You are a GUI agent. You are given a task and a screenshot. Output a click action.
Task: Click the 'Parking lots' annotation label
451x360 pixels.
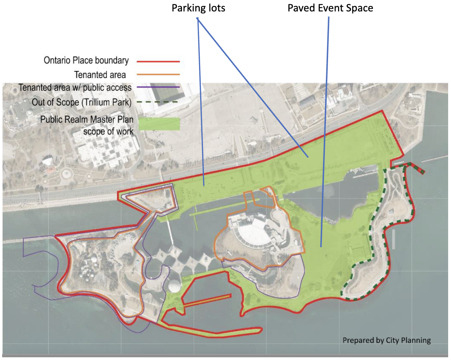tap(198, 8)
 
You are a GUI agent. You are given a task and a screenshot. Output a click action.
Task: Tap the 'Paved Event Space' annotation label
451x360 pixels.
tap(330, 8)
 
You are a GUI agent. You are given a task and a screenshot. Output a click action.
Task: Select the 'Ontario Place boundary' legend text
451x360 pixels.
tap(86, 60)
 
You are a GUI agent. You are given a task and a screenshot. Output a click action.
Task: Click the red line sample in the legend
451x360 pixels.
tap(158, 62)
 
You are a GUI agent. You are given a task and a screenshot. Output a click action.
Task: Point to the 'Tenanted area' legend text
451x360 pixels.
tap(100, 75)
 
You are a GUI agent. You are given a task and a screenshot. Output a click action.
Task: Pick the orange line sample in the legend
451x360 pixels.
tap(158, 75)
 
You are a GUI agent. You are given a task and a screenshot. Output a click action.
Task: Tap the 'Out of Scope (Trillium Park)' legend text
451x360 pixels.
tap(81, 102)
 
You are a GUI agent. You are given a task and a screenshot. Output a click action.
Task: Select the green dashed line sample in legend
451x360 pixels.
tap(158, 102)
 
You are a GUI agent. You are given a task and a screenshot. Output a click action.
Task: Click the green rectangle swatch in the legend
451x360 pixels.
tap(159, 124)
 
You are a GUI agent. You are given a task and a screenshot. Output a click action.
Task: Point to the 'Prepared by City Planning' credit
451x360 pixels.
tap(387, 340)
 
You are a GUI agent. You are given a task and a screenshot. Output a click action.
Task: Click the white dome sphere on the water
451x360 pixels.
tap(174, 286)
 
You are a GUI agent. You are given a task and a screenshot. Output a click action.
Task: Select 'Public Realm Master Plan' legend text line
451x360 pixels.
tap(87, 119)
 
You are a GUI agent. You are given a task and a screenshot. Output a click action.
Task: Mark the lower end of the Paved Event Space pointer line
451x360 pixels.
tap(321, 246)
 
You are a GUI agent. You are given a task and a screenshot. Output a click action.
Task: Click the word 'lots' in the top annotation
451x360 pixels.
tap(217, 8)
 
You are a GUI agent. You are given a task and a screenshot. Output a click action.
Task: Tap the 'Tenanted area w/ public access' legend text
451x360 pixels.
tap(75, 88)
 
